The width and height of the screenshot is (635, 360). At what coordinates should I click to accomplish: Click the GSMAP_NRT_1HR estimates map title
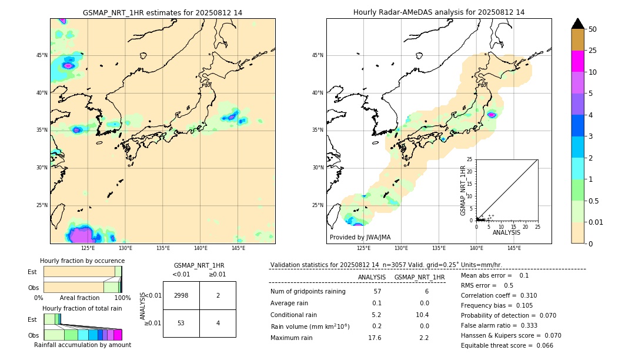click(x=162, y=12)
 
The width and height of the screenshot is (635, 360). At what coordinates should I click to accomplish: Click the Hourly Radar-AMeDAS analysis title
click(x=439, y=12)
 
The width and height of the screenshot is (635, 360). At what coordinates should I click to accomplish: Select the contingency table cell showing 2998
click(x=181, y=295)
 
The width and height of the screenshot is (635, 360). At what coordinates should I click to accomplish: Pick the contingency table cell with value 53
click(x=181, y=323)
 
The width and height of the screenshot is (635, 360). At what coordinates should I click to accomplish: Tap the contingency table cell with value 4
click(x=218, y=323)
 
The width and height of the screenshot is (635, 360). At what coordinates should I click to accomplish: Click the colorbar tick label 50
click(x=593, y=29)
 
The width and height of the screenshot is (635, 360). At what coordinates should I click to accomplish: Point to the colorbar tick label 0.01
click(x=596, y=222)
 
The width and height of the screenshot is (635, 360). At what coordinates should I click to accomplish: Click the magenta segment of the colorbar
click(x=577, y=61)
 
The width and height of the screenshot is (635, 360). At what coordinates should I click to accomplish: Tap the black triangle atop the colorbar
click(x=577, y=24)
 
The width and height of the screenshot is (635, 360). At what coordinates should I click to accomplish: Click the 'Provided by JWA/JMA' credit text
click(x=360, y=237)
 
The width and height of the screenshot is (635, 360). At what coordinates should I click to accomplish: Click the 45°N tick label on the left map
click(x=42, y=55)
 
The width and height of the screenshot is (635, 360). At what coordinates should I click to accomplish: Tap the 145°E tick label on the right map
click(x=514, y=248)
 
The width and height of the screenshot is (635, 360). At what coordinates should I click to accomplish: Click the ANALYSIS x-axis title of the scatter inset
click(x=506, y=232)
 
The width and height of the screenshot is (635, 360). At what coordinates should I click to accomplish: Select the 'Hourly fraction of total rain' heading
click(x=82, y=308)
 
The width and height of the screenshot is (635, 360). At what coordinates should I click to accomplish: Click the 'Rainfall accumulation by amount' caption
click(x=82, y=345)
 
